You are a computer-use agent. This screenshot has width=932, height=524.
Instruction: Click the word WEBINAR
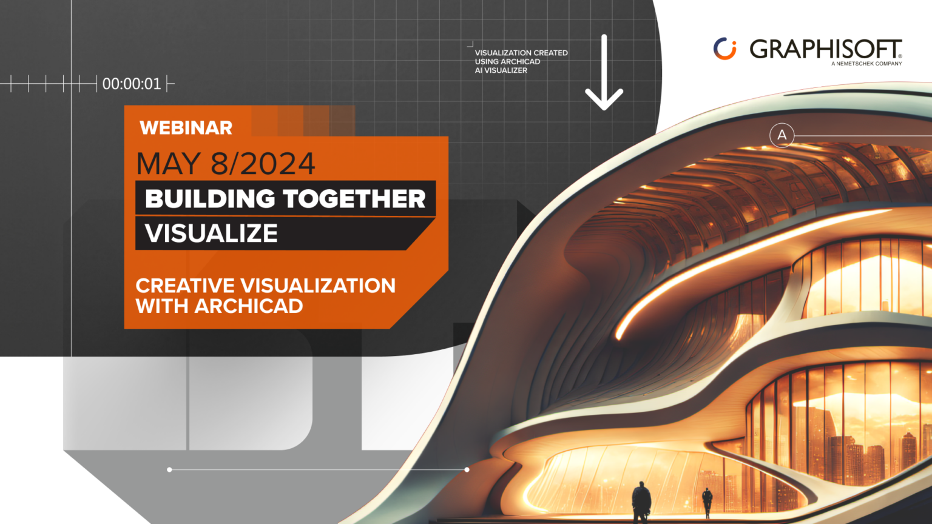[186, 128]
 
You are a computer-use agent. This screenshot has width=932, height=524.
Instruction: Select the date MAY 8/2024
[226, 164]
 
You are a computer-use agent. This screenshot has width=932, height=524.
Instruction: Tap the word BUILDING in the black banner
[210, 199]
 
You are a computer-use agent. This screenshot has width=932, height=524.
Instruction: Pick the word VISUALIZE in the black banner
[211, 233]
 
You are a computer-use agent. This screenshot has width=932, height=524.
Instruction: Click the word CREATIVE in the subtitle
[185, 286]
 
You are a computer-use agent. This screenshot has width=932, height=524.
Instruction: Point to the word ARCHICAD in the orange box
[249, 306]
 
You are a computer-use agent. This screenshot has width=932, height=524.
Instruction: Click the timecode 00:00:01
[132, 84]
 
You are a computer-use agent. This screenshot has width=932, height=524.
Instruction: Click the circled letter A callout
[782, 135]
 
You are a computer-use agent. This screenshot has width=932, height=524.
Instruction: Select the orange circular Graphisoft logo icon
[724, 49]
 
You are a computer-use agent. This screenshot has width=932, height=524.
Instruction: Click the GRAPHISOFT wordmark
[825, 49]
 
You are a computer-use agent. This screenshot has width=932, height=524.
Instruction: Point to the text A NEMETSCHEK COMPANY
[866, 64]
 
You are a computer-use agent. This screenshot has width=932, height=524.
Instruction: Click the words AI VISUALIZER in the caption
[501, 70]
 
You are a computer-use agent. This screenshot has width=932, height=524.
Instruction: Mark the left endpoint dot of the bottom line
[169, 469]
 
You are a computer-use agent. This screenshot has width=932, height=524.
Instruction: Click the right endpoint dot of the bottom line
[467, 469]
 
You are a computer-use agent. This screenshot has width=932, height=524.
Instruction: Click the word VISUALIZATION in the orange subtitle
[318, 286]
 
